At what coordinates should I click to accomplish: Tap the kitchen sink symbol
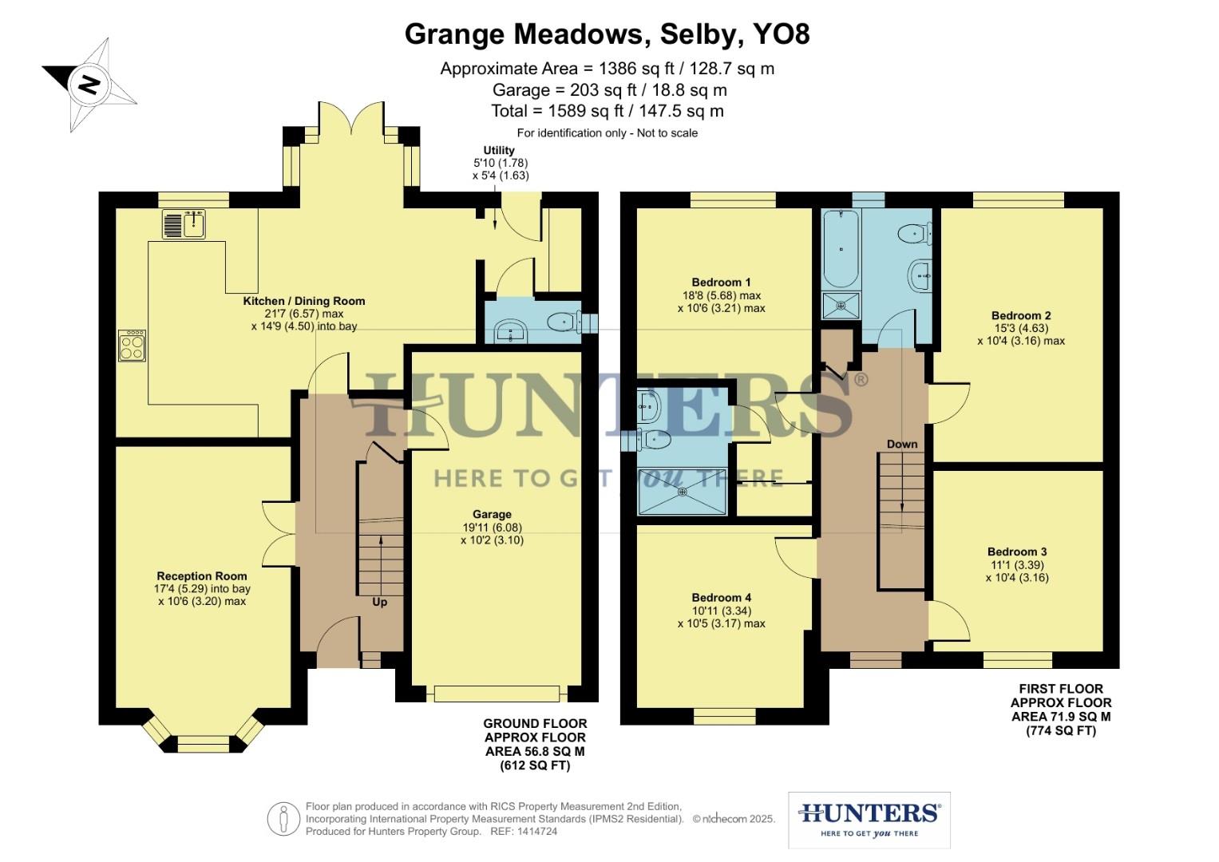pos(184,223)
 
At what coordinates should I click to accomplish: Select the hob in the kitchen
pos(133,346)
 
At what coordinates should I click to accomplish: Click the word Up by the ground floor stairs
pos(380,602)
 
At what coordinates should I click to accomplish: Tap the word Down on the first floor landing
pos(902,444)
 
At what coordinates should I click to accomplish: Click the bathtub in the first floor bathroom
pos(840,248)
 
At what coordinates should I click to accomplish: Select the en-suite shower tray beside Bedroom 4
pos(683,492)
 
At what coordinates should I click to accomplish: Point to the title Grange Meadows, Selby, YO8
pos(608,34)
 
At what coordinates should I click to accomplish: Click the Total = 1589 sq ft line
pos(608,111)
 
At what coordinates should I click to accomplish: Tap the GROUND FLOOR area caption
pos(535,745)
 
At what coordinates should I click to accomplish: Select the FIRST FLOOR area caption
pos(1061,709)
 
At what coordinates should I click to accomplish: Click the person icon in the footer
pos(283,819)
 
